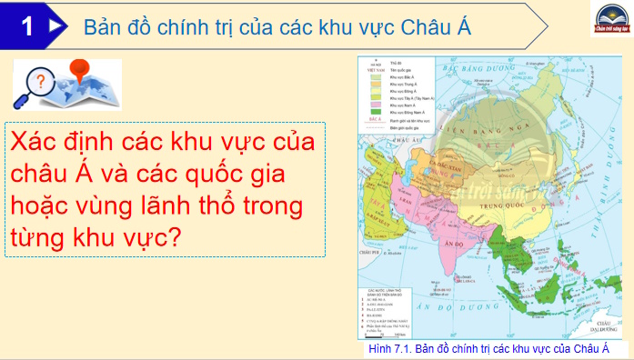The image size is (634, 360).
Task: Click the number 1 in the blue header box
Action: tap(27, 26)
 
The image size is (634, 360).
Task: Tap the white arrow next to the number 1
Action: tap(55, 26)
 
